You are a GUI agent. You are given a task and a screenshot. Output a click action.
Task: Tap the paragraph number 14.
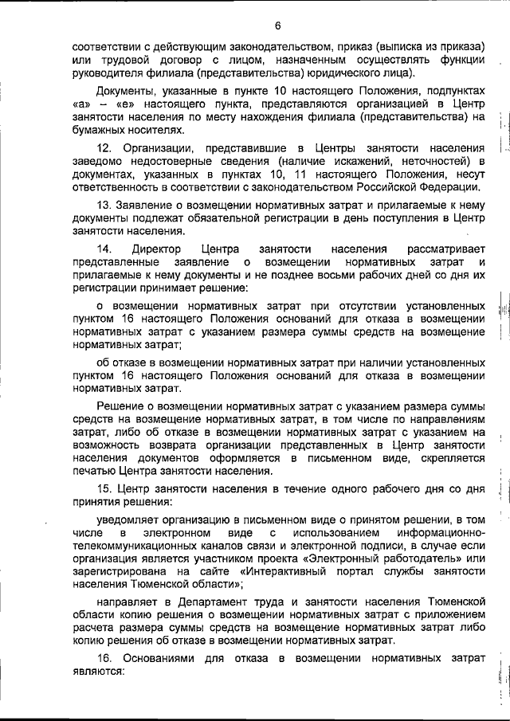103,249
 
